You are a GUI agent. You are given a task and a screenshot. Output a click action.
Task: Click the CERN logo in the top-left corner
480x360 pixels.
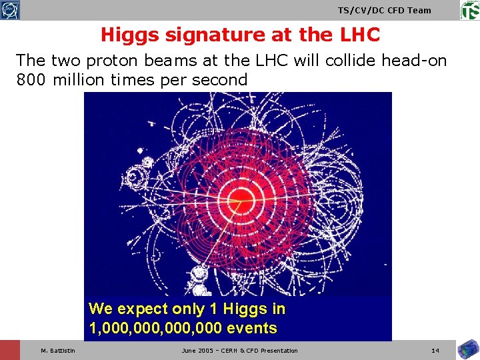10,10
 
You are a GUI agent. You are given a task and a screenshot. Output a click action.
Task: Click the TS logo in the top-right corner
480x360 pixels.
469,10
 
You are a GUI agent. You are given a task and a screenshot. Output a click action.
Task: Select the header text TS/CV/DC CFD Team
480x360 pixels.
384,10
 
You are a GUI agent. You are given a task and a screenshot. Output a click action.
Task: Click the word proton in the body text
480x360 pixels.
109,61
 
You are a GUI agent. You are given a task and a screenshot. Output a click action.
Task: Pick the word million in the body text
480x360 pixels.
80,80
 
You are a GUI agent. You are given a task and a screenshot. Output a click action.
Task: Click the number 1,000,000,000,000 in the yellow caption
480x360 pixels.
156,328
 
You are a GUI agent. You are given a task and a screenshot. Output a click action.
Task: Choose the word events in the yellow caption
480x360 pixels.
252,328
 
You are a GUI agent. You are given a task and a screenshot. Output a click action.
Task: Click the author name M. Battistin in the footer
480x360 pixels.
58,351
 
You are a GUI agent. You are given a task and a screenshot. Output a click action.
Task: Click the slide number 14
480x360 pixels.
435,351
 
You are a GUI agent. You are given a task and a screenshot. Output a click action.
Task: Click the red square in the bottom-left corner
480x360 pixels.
10,350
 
